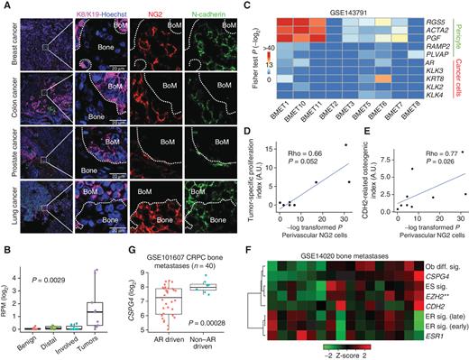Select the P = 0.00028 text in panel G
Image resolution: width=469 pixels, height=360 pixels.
tap(208, 320)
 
